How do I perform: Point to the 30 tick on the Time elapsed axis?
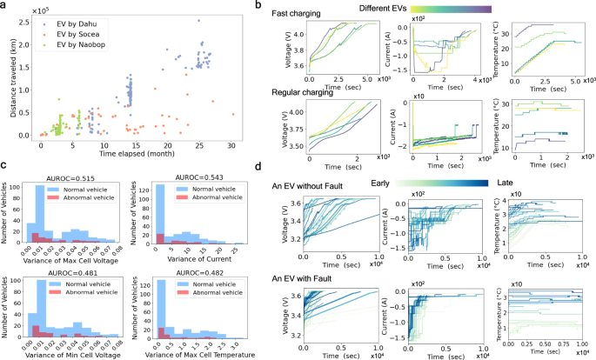tap(231, 144)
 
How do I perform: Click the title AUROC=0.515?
tap(73, 177)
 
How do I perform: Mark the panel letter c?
tap(7, 170)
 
